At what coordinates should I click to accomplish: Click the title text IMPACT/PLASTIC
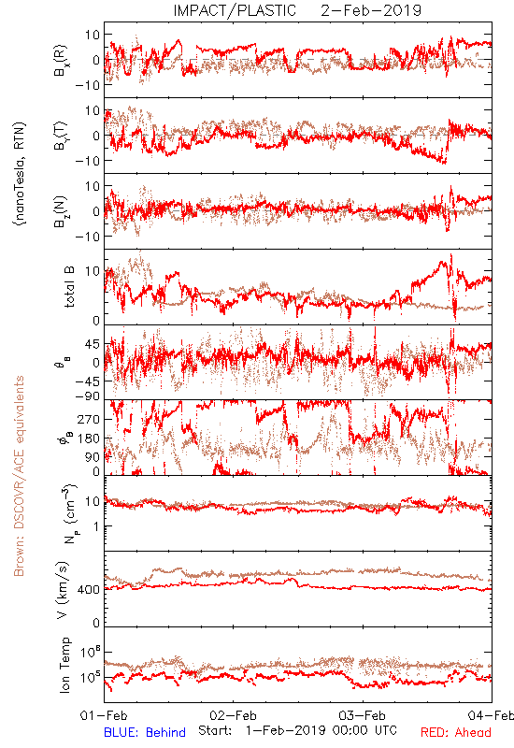point(235,10)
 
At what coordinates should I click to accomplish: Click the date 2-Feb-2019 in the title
point(371,10)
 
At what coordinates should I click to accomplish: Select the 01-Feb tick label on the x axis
point(104,715)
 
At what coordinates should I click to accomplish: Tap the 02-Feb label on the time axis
point(233,715)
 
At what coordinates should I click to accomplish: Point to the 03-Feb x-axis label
point(363,715)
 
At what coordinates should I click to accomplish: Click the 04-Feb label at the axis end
point(491,715)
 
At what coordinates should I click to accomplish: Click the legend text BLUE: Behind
point(145,732)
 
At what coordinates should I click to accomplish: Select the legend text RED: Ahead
point(456,732)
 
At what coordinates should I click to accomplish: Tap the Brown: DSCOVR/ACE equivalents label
point(19,476)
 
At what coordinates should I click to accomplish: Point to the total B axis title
point(69,287)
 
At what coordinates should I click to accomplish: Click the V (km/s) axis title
point(63,591)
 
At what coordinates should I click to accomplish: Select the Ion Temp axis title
point(64,665)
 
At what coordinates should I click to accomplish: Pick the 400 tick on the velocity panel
point(90,590)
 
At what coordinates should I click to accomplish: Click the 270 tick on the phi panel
point(90,419)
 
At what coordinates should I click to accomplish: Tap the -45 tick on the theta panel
point(87,381)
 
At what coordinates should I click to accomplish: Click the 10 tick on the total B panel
point(93,271)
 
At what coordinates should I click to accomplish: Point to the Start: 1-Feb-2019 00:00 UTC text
point(297,731)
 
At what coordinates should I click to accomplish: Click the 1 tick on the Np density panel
point(97,526)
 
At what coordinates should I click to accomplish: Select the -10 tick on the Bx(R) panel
point(87,85)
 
